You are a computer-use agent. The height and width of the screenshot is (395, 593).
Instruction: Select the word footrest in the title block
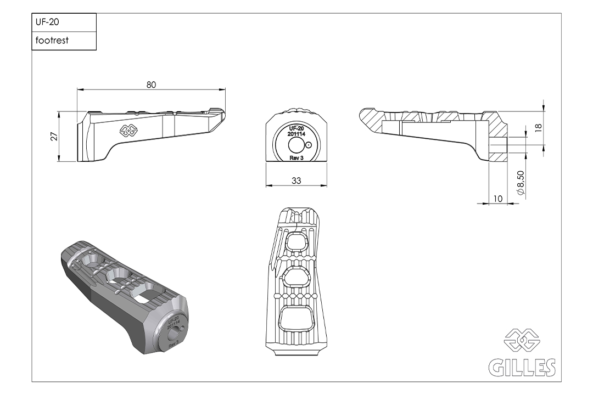pyautogui.click(x=52, y=41)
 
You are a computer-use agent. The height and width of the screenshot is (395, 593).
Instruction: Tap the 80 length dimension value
pyautogui.click(x=152, y=84)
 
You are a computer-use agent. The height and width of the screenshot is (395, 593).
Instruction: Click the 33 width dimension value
pyautogui.click(x=296, y=182)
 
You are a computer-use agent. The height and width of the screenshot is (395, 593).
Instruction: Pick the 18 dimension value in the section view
pyautogui.click(x=538, y=128)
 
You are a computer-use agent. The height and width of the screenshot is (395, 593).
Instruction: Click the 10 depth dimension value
pyautogui.click(x=499, y=199)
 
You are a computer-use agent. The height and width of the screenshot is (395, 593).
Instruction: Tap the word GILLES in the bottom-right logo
pyautogui.click(x=522, y=368)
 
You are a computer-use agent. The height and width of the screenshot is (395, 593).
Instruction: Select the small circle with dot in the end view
pyautogui.click(x=309, y=145)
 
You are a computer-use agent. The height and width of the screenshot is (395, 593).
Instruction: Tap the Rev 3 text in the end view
pyautogui.click(x=296, y=158)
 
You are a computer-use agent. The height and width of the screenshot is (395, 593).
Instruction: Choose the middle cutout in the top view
pyautogui.click(x=298, y=278)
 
